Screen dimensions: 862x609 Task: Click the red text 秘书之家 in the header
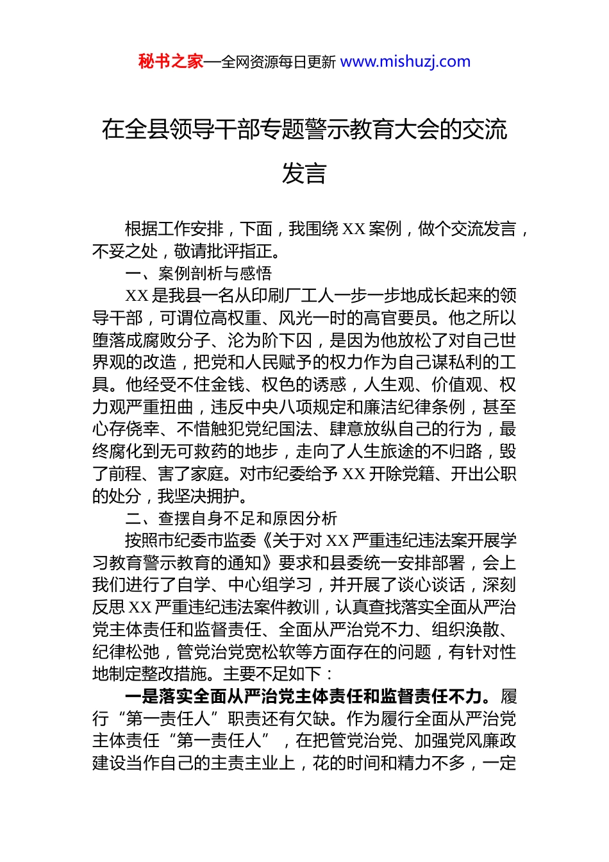171,62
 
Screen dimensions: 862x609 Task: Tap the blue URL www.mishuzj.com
405,62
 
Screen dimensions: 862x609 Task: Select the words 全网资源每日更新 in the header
278,62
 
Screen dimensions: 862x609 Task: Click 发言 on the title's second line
304,173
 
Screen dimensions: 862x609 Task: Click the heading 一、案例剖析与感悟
199,273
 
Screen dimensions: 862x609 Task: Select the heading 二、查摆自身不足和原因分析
231,518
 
